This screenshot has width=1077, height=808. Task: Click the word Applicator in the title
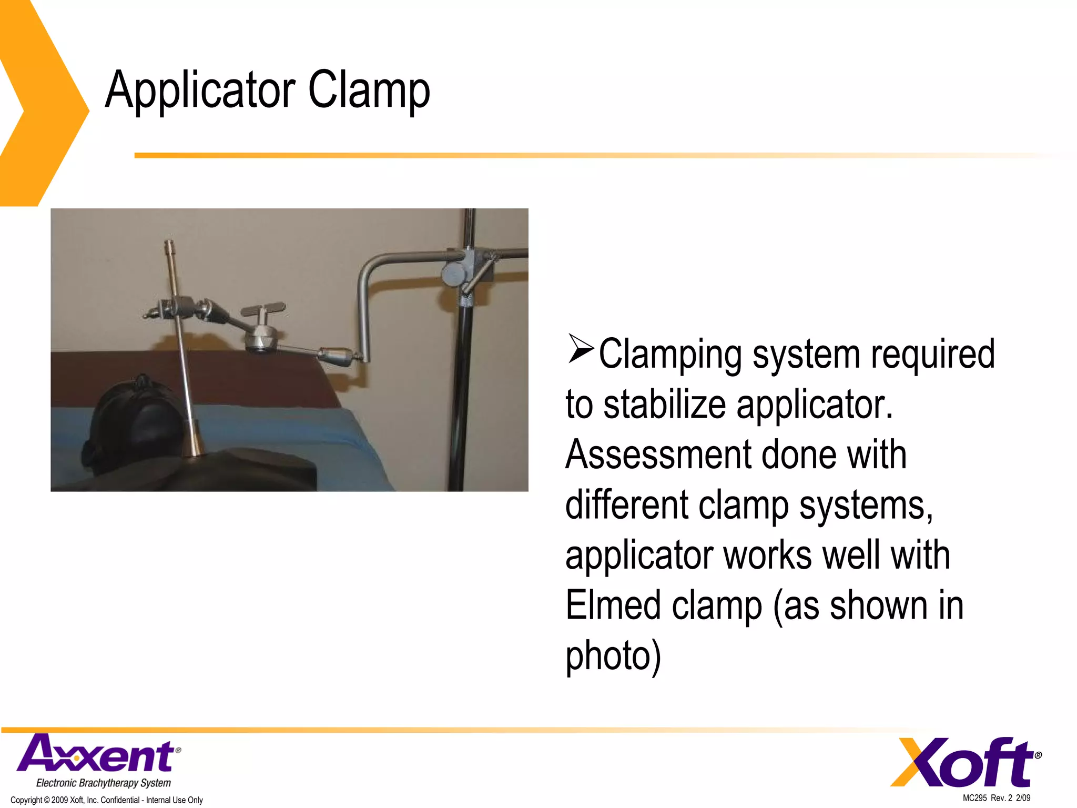200,90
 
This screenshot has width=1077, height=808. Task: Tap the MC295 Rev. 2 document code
996,798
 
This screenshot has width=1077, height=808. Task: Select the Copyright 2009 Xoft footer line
107,800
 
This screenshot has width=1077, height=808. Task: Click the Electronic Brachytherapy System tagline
103,783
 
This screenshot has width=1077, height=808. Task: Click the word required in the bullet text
933,353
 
